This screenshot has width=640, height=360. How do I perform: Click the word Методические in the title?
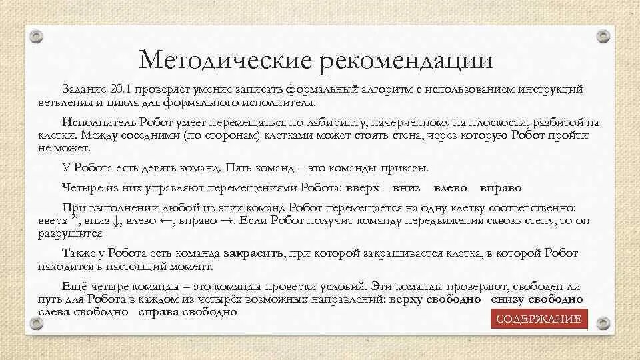point(225,61)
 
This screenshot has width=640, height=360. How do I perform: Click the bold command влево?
point(450,188)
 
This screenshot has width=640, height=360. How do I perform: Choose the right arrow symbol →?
point(227,221)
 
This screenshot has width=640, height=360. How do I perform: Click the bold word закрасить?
point(255,254)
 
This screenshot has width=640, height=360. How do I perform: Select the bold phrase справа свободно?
point(188,312)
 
